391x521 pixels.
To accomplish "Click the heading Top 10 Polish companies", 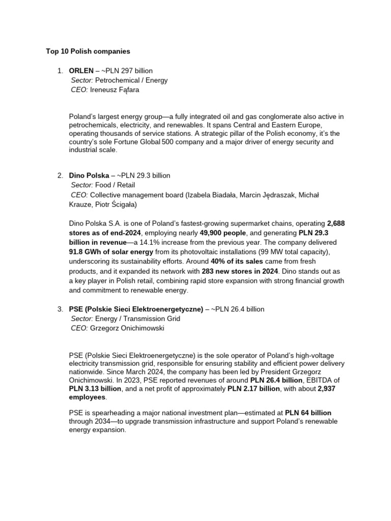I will coord(88,51).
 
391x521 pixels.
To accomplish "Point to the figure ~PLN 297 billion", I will coord(127,71).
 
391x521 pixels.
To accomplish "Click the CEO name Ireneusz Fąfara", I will coord(115,90).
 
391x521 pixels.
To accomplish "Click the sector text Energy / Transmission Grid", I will coord(137,319).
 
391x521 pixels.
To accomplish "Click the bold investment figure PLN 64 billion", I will coord(308,413).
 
